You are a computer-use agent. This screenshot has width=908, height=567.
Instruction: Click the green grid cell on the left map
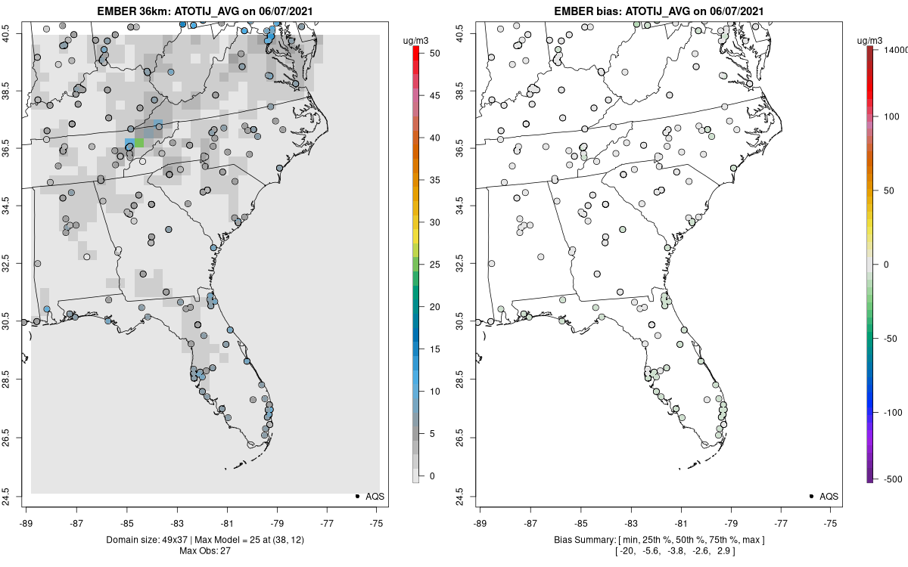coord(139,142)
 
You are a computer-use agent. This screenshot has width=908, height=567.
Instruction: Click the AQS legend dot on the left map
coord(356,496)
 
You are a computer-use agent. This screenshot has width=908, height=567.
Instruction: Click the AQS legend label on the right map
coord(829,497)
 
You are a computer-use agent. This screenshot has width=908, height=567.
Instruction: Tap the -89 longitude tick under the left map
coord(26,522)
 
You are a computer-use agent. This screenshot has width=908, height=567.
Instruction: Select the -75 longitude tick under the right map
coord(831,522)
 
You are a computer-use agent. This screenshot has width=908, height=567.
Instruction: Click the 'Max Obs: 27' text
coord(204,550)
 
